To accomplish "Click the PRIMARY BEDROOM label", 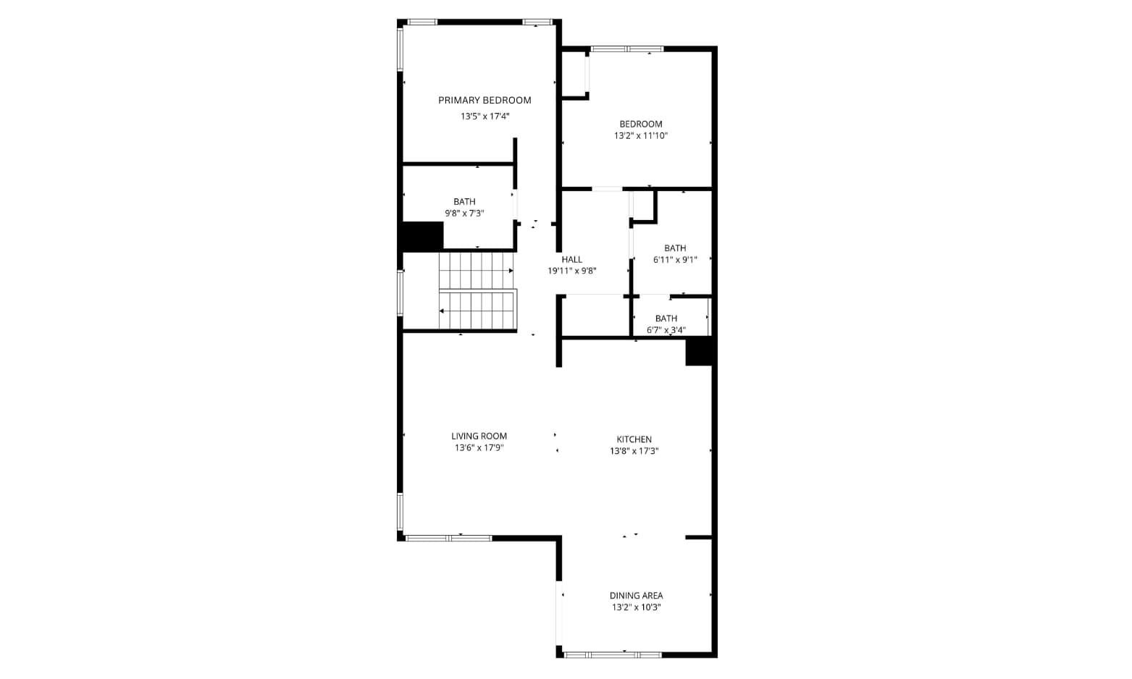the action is point(485,100).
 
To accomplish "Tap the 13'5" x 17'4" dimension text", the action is point(485,117).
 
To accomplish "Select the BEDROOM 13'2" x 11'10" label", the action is point(641,130).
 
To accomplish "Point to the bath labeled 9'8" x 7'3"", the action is point(464,207).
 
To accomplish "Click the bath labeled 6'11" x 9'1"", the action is point(675,253).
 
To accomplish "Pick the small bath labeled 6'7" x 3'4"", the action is point(666,324).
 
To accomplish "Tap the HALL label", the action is point(572,259).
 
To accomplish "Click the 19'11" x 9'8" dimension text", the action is point(572,271).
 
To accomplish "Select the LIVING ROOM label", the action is point(479,436).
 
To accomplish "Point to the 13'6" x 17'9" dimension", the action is point(479,447).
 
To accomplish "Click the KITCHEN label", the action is point(634,439).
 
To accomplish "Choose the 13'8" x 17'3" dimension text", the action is point(634,451).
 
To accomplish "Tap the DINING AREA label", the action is point(636,596).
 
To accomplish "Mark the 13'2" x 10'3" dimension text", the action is point(636,607).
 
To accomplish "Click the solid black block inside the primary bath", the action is point(423,236).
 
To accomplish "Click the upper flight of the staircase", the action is point(476,270).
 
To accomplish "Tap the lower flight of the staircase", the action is point(477,310).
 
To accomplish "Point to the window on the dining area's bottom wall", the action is point(613,654).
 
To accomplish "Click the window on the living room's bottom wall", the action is point(449,538).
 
